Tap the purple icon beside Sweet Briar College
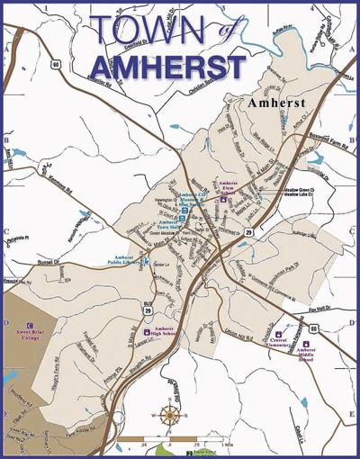pos(30,324)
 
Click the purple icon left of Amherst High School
pos(148,331)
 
